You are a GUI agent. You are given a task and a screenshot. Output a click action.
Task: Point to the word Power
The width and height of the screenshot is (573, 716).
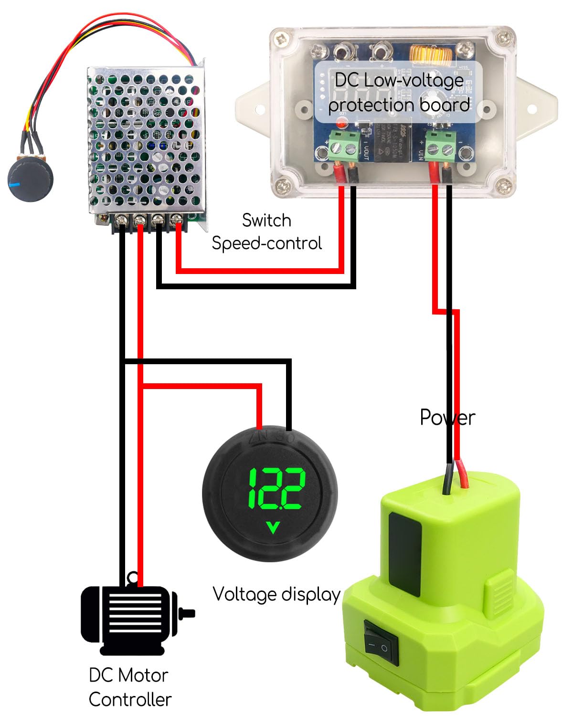pyautogui.click(x=447, y=418)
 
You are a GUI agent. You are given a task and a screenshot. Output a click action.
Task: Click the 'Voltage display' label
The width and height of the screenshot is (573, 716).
pyautogui.click(x=276, y=594)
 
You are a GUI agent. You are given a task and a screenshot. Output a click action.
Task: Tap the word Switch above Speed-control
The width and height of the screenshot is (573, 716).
pyautogui.click(x=266, y=220)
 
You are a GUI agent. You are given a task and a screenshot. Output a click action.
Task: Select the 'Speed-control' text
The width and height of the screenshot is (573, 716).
pyautogui.click(x=266, y=243)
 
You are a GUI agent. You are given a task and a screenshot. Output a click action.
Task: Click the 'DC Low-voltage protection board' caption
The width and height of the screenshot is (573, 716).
pyautogui.click(x=399, y=93)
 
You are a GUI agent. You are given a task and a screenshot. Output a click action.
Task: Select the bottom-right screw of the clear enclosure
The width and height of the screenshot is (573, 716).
pyautogui.click(x=502, y=185)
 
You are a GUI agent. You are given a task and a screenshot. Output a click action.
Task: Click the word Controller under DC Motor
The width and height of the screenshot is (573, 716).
pyautogui.click(x=130, y=699)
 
